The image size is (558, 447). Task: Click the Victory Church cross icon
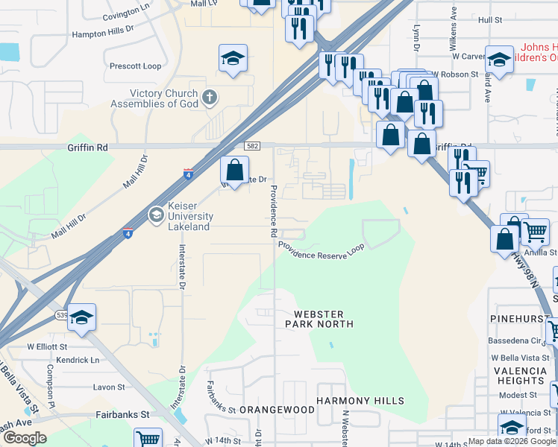point(210,96)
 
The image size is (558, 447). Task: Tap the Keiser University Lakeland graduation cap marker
point(156,215)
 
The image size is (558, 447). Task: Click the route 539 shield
point(61,316)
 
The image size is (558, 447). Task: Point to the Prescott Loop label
point(135,66)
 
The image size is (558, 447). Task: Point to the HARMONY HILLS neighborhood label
point(360,401)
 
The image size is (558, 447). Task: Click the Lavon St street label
point(109,387)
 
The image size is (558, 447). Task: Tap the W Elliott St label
point(48,346)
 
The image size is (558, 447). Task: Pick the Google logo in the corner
point(25,438)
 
